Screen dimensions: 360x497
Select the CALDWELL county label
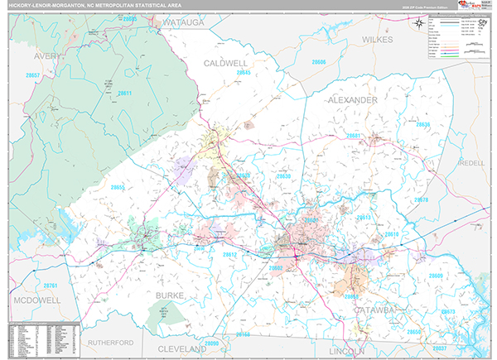[226, 63]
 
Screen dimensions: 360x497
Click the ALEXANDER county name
[352, 99]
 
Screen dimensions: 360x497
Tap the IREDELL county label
[470, 163]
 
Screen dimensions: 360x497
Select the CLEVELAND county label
[181, 348]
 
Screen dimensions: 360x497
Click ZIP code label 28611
[125, 94]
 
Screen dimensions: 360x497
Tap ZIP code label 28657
[33, 74]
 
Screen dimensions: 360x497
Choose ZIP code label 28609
[437, 276]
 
